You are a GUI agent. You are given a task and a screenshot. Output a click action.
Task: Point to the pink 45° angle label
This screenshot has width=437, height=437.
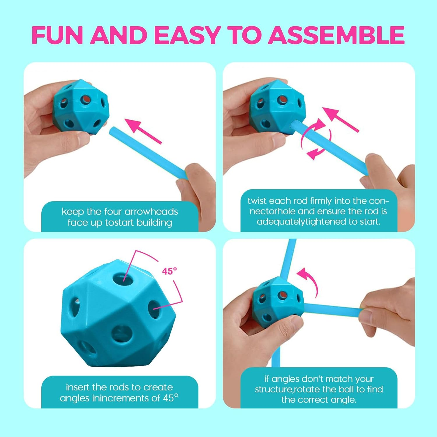(x=169, y=271)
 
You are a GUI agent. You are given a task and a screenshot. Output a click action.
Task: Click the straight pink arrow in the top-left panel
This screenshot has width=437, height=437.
(x=143, y=131)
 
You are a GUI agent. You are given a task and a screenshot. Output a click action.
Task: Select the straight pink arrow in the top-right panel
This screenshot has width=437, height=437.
(x=340, y=119)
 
